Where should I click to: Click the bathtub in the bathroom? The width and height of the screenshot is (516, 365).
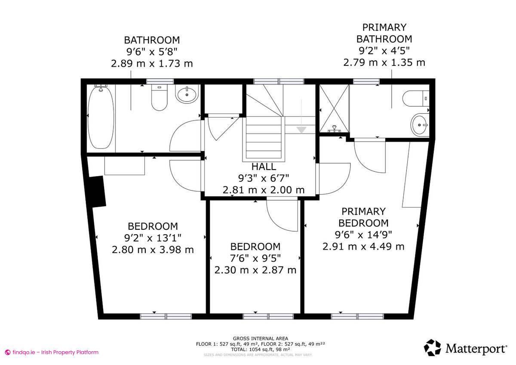(x=101, y=117)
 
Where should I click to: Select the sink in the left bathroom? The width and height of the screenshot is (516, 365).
(x=187, y=94)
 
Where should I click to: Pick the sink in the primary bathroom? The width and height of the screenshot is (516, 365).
(x=419, y=125)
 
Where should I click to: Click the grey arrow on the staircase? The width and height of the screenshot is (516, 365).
(x=301, y=129)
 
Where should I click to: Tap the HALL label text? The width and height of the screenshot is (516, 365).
(x=264, y=167)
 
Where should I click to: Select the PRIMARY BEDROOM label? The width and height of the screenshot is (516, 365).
(x=363, y=217)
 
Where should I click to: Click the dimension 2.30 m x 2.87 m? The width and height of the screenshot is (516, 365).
(x=255, y=270)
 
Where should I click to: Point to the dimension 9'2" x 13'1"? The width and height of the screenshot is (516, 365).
(x=153, y=238)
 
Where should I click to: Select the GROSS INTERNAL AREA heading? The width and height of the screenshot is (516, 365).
(x=260, y=338)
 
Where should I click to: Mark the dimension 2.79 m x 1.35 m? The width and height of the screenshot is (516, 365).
(x=384, y=62)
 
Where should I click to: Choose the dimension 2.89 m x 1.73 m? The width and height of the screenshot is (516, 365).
(x=152, y=64)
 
